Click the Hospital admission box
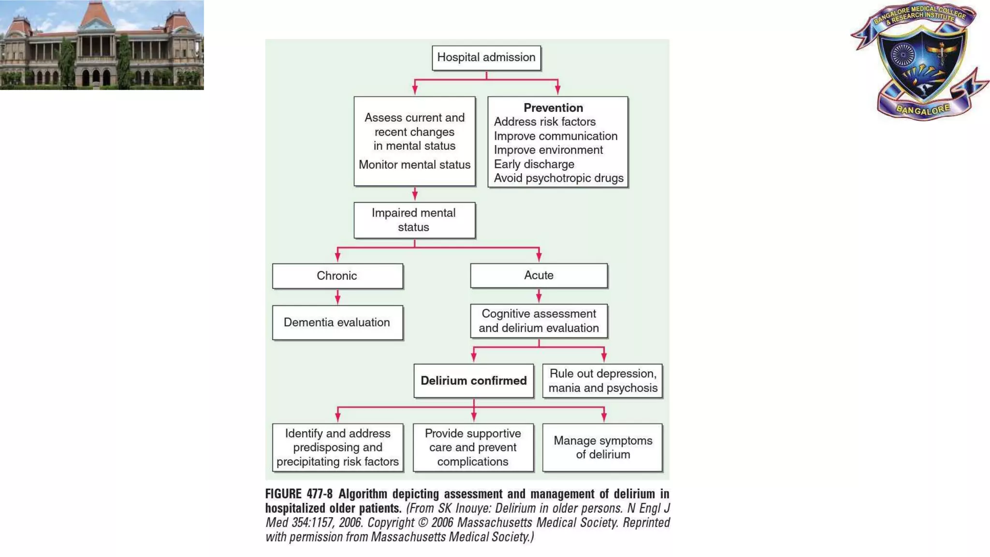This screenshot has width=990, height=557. click(x=486, y=58)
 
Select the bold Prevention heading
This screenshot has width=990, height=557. click(x=553, y=108)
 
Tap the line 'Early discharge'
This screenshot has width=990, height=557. click(x=534, y=164)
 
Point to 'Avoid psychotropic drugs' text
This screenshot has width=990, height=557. click(x=558, y=178)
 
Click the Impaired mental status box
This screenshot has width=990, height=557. click(x=414, y=220)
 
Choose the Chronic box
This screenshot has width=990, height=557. click(x=337, y=276)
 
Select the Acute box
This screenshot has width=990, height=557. click(x=539, y=276)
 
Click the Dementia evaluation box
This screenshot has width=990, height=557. click(x=337, y=322)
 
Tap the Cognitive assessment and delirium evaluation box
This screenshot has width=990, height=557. click(x=539, y=321)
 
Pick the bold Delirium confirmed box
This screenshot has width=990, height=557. click(x=474, y=381)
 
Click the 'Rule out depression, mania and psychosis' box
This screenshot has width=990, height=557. click(x=602, y=381)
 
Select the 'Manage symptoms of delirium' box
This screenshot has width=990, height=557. click(x=602, y=448)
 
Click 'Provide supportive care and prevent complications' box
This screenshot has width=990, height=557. click(x=473, y=448)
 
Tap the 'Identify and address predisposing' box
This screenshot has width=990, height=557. click(x=337, y=448)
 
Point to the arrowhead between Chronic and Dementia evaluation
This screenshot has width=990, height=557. click(x=337, y=300)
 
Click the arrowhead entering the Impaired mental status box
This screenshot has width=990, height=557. click(x=415, y=196)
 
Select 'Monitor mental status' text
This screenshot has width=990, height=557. click(x=414, y=165)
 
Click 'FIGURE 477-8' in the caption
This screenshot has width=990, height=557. click(x=299, y=494)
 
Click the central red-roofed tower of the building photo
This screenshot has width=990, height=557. click(x=96, y=19)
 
